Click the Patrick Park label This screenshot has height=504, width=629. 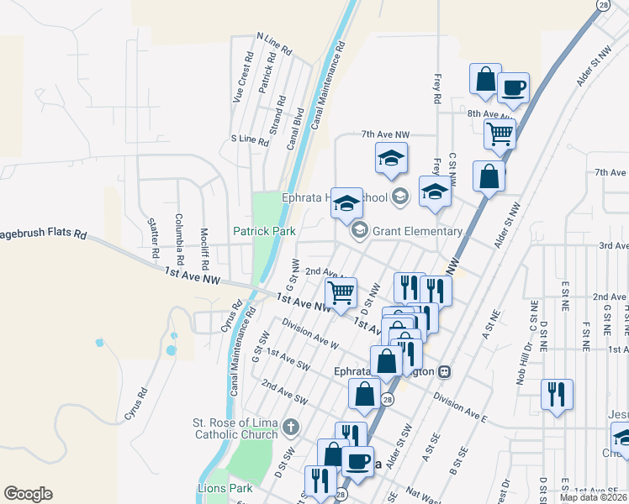[x=264, y=230]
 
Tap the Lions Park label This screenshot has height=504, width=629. [x=229, y=488]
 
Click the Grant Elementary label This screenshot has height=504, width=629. [x=418, y=231]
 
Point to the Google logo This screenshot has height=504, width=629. [x=28, y=494]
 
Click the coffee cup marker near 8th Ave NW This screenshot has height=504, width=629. [x=512, y=87]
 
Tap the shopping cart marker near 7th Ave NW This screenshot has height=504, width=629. [x=499, y=133]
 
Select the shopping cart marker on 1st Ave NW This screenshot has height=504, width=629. [x=341, y=292]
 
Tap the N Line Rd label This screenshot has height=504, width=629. [x=273, y=45]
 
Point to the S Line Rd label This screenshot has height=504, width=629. [x=249, y=140]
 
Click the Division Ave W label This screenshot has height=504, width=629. [x=310, y=333]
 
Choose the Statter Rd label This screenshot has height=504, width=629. [x=153, y=238]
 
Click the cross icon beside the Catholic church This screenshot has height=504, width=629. [x=291, y=428]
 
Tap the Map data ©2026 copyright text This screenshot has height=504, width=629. [x=594, y=497]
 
